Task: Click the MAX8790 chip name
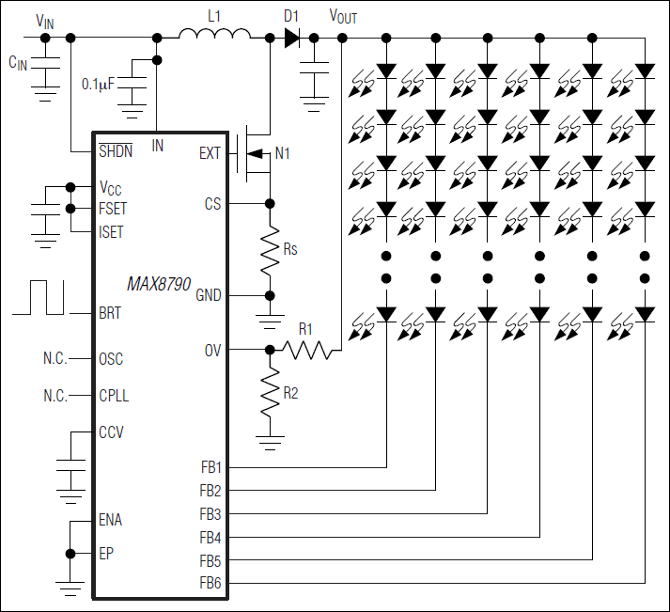coord(161,283)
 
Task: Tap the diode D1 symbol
coord(291,38)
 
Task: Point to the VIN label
coord(44,20)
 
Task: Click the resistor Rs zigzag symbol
coord(270,248)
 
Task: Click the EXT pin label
coord(210,152)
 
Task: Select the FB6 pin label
coord(210,584)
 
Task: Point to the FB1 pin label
coord(210,466)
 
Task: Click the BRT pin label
coord(110,314)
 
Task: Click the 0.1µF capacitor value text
coord(98,85)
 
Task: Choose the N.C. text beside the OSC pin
coord(55,359)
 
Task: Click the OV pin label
coord(213,350)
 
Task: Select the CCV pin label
coord(111,432)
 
